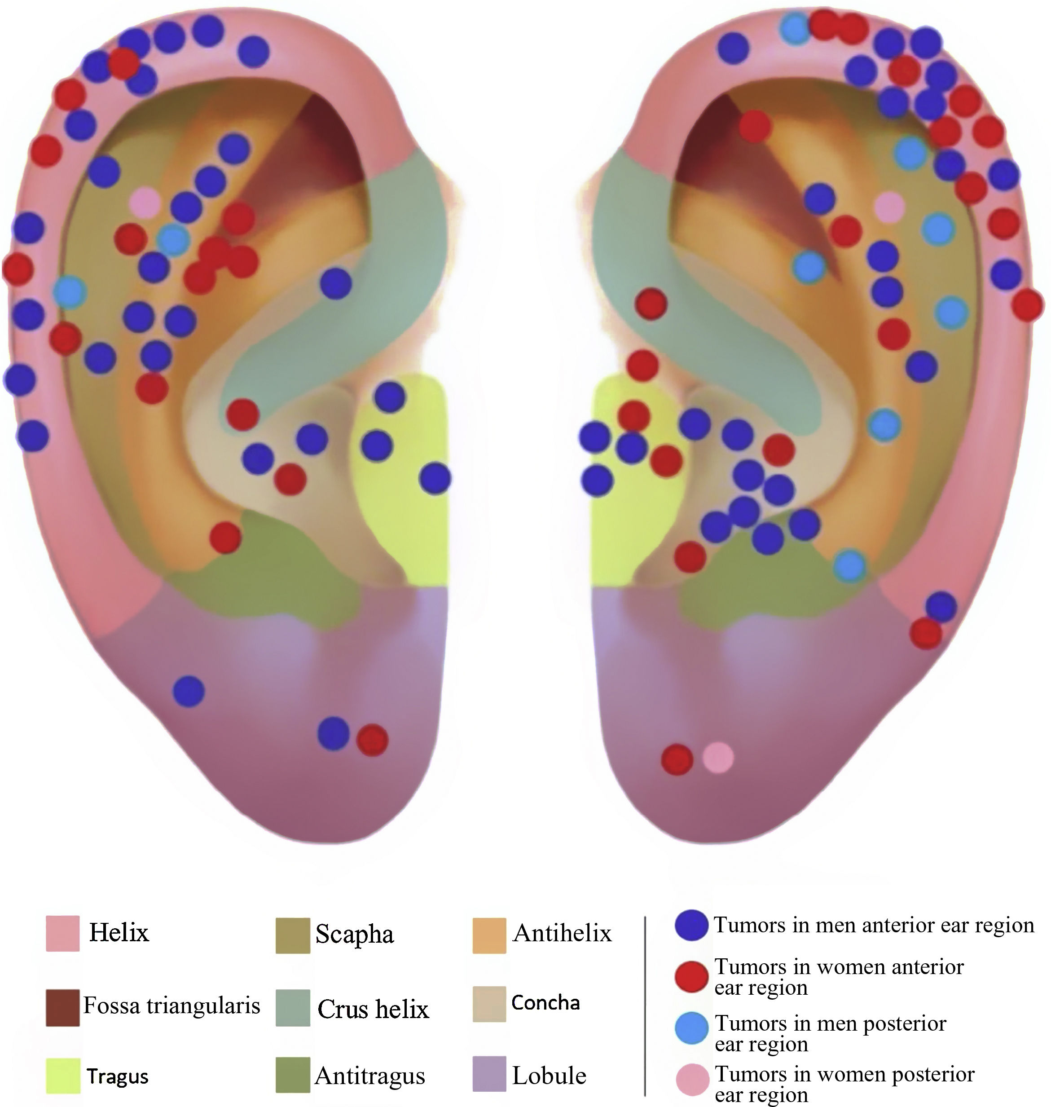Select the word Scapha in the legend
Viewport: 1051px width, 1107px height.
coord(354,934)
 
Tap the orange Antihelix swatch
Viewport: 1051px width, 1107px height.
coord(489,935)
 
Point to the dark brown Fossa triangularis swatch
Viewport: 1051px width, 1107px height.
coord(62,1007)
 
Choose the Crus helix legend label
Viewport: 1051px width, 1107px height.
coord(373,1009)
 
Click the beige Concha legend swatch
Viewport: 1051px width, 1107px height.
coord(489,1004)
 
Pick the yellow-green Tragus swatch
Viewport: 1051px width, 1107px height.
coord(62,1075)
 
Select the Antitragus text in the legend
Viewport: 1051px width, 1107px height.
coord(370,1076)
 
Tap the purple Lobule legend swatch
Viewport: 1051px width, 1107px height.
coord(489,1074)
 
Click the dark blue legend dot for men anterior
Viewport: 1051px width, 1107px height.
coord(691,925)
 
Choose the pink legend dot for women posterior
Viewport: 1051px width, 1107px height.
coord(692,1079)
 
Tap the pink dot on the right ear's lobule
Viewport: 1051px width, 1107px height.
coord(718,757)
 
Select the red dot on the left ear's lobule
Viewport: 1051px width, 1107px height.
coord(372,740)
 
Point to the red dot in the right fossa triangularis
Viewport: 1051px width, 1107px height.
coord(755,126)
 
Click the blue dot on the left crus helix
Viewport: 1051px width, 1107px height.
coord(335,282)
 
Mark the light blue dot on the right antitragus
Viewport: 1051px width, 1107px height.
coord(850,565)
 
